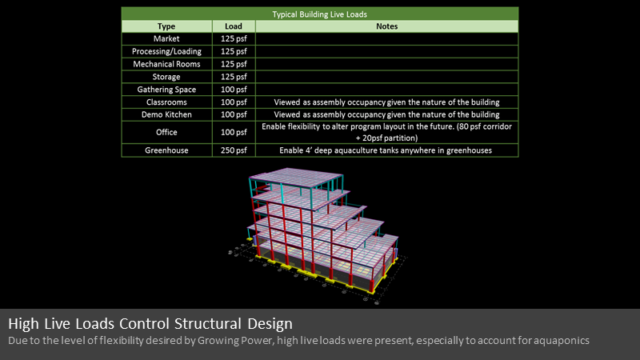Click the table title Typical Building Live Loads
pos(319,14)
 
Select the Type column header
pos(166,26)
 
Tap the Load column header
pos(234,26)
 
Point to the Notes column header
pos(387,26)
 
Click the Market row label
pos(166,38)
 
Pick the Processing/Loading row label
pos(166,51)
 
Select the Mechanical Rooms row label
pos(166,64)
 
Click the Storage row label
pos(166,77)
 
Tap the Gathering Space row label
pos(166,90)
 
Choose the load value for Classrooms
pos(234,102)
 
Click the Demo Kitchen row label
pos(166,114)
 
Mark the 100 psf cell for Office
pos(234,132)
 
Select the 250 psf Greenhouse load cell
pos(234,150)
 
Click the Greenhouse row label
pos(166,150)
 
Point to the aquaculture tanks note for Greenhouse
pos(386,150)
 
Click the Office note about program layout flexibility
pos(386,132)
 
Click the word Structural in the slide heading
pos(208,324)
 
